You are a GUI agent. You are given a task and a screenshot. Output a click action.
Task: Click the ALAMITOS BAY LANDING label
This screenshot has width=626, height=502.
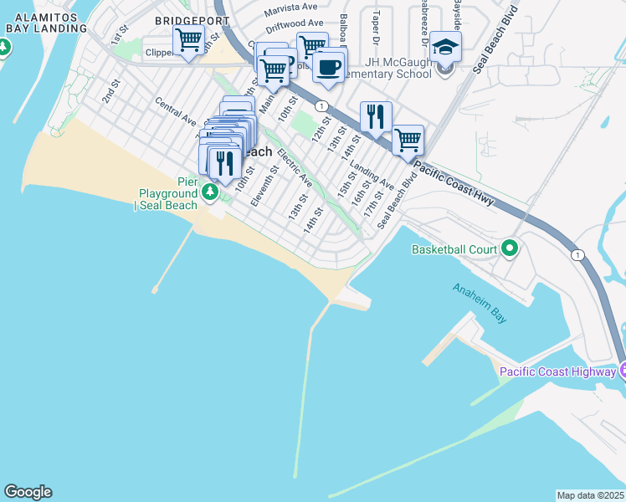point(46,22)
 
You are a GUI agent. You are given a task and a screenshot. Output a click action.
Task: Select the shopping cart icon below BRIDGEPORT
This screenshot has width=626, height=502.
point(189,39)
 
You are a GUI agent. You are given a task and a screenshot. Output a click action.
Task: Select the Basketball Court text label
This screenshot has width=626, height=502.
point(454,249)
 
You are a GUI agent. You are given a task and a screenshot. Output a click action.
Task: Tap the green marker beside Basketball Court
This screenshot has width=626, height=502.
point(508,248)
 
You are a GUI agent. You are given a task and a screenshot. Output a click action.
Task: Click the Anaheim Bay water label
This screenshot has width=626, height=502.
point(480,303)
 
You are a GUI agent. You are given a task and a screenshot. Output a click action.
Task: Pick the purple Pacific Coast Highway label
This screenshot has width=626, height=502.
point(557,371)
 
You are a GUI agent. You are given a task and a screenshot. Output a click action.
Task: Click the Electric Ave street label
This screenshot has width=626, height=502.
point(295,168)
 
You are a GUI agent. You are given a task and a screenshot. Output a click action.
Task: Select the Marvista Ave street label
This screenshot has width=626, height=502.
point(293,12)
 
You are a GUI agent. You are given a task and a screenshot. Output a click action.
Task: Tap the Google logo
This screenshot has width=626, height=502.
point(28,492)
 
